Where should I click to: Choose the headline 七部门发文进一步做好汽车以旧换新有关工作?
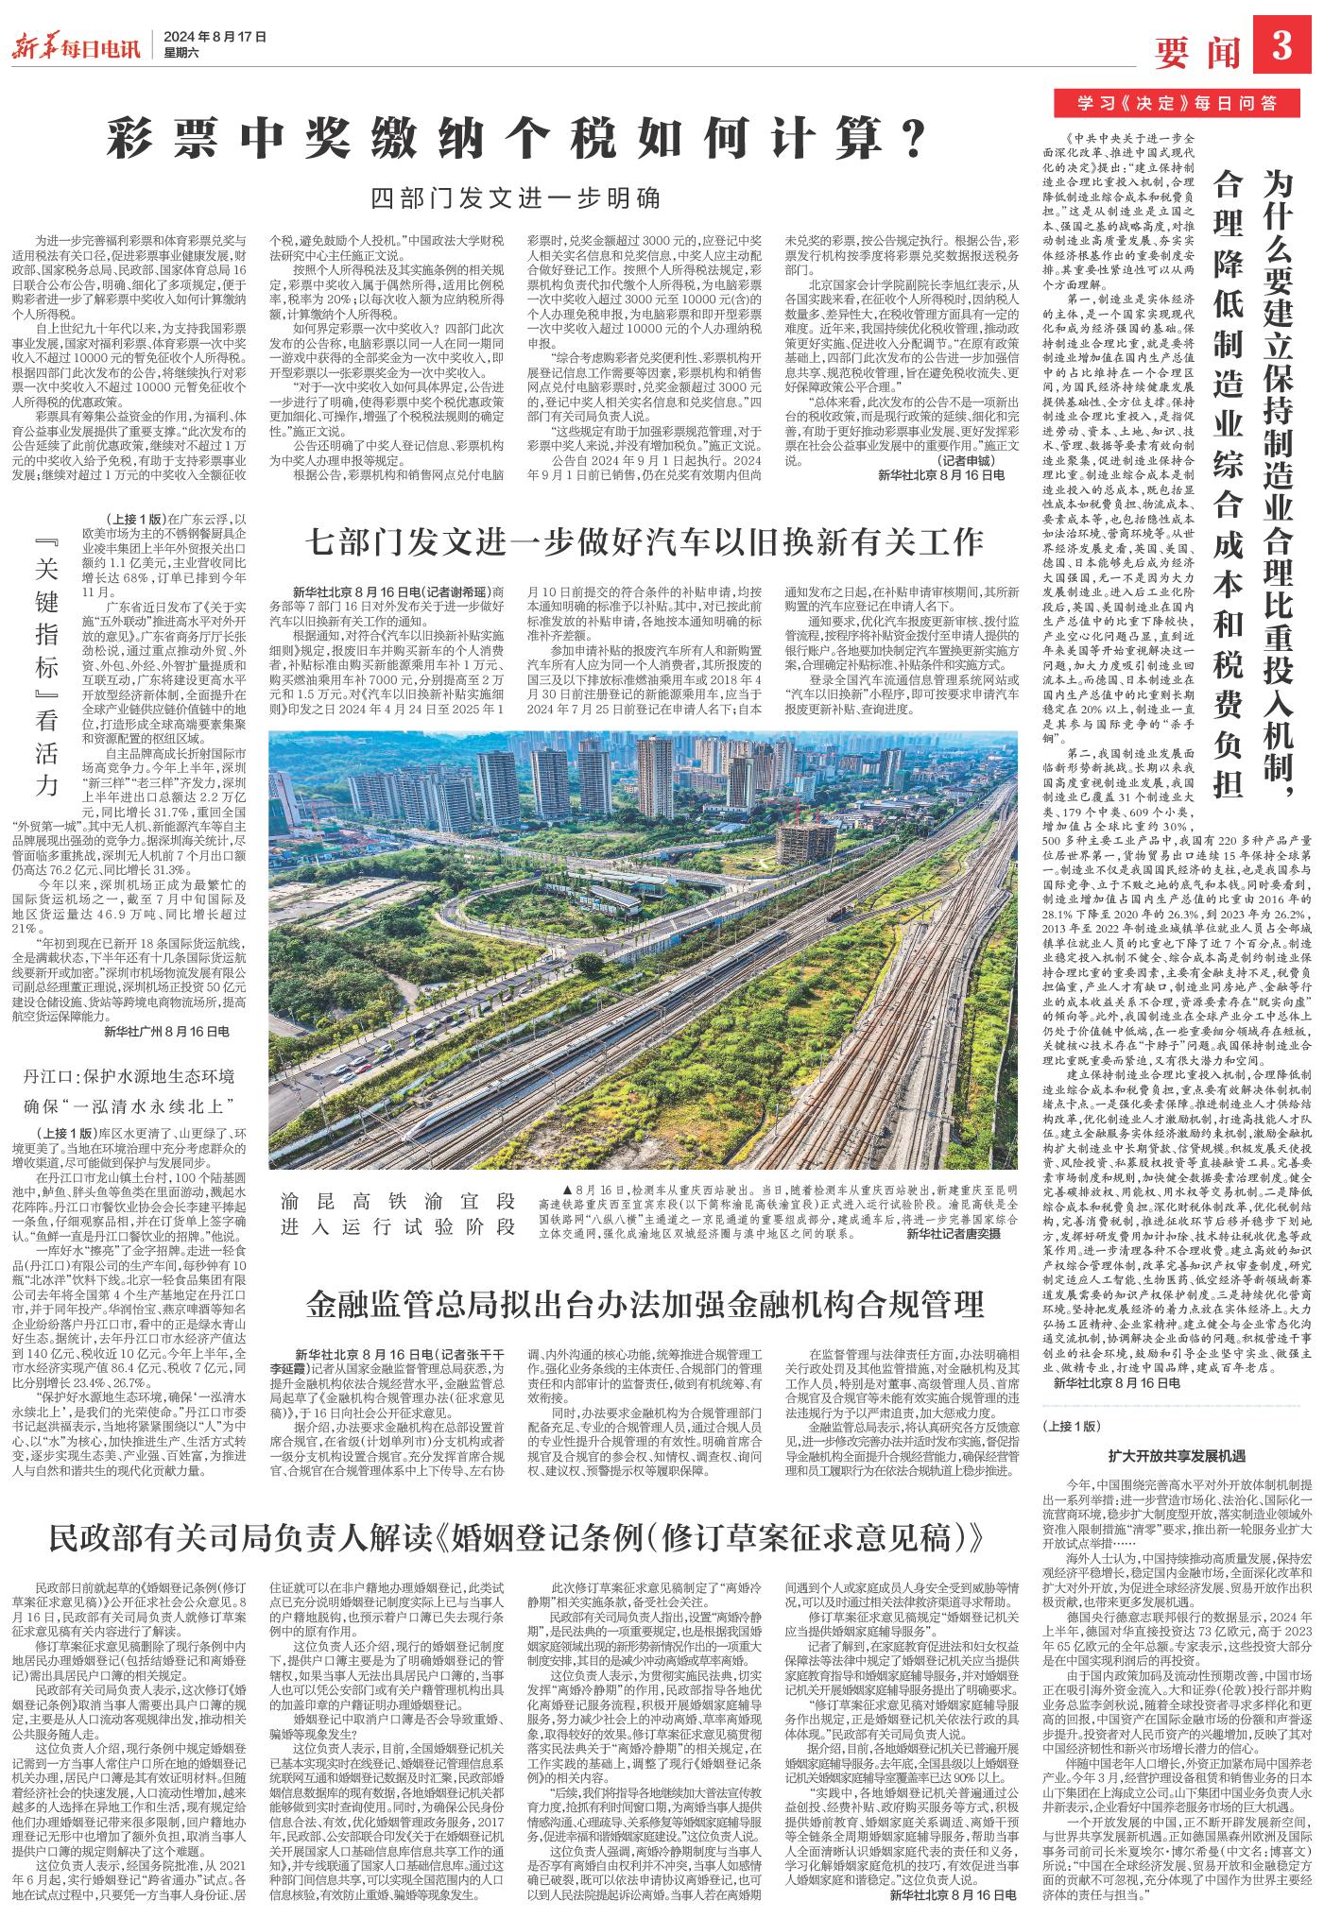point(644,542)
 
